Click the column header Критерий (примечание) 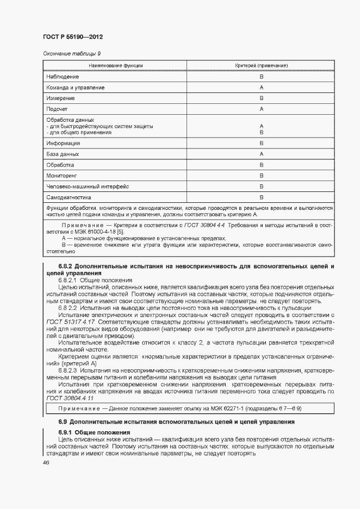point(261,65)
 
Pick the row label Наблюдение point(63,77)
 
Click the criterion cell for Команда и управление point(261,88)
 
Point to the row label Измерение point(60,98)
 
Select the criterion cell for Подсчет point(261,109)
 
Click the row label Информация point(63,143)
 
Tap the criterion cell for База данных point(261,154)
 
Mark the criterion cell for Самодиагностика point(261,197)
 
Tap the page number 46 point(46,462)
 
